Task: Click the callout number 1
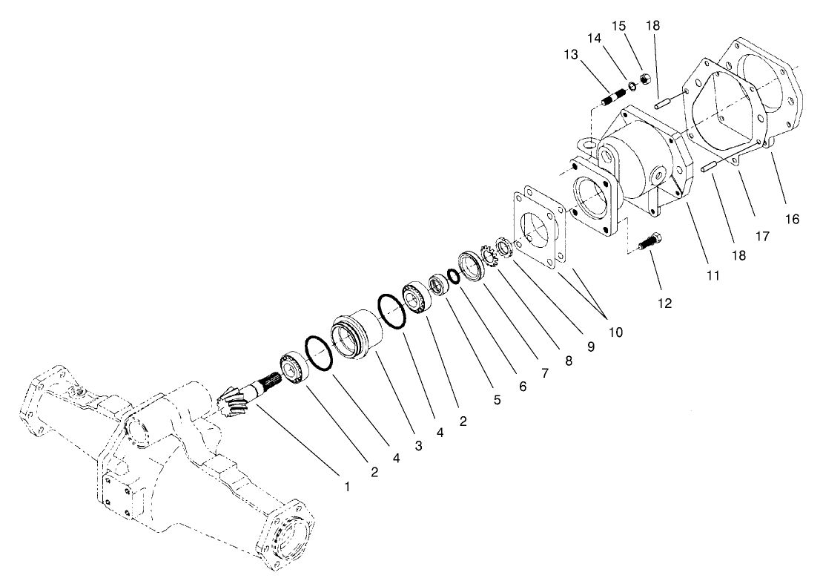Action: click(346, 487)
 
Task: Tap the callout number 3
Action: click(419, 446)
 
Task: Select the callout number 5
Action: click(496, 401)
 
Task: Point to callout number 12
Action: click(664, 303)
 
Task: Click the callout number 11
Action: click(713, 275)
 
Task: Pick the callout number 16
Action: click(793, 219)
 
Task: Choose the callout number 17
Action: click(762, 237)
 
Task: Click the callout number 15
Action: click(619, 26)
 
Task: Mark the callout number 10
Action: click(615, 332)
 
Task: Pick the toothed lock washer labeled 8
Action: click(489, 255)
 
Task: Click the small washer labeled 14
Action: click(632, 87)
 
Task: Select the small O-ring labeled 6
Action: click(451, 275)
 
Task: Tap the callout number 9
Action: click(591, 347)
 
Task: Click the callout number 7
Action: click(544, 373)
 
